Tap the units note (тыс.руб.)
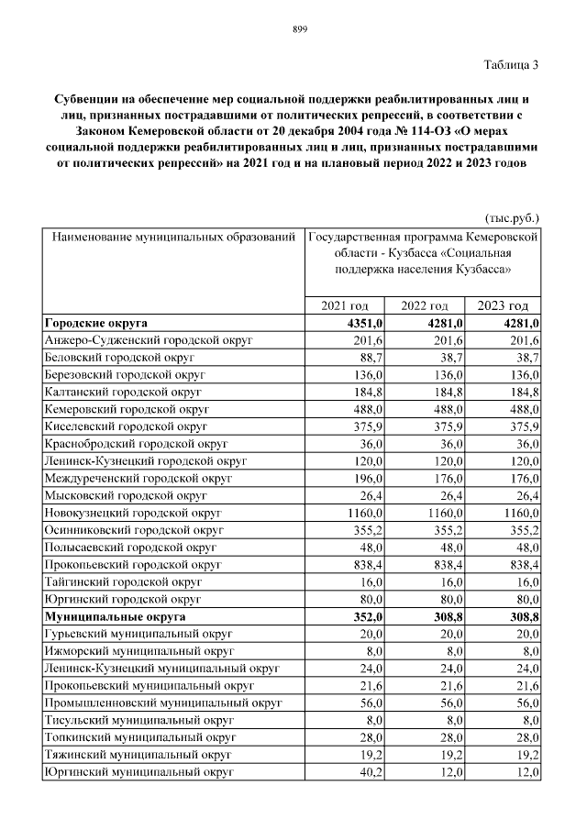(511, 219)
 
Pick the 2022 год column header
(423, 306)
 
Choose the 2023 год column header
(504, 306)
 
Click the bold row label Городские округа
(96, 324)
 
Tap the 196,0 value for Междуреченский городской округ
(370, 478)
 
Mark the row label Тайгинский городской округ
(123, 581)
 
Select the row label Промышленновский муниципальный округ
(162, 703)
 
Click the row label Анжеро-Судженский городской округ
(148, 340)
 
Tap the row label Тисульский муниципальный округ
(138, 720)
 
